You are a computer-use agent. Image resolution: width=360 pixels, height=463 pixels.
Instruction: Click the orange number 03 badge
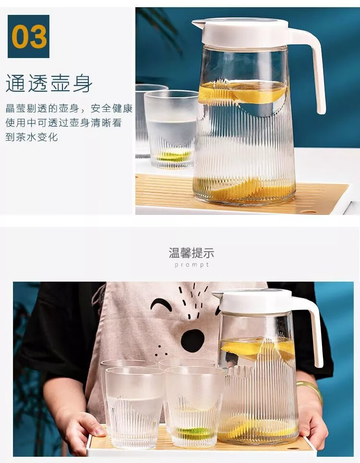[x=28, y=36]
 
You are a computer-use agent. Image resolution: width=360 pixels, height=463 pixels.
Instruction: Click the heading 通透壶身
[x=49, y=83]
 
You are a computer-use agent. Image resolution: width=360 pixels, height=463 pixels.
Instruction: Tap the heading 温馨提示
[x=192, y=253]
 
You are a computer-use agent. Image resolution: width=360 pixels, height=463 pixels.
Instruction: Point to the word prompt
[x=192, y=265]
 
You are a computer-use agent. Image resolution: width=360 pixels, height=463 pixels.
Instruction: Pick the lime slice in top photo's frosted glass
[x=174, y=155]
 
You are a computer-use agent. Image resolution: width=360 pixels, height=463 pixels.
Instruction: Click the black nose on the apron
[x=192, y=341]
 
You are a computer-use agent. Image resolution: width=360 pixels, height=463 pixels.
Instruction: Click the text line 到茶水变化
[x=32, y=137]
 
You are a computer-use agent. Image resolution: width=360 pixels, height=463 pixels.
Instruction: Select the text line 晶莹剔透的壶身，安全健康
[x=69, y=108]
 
